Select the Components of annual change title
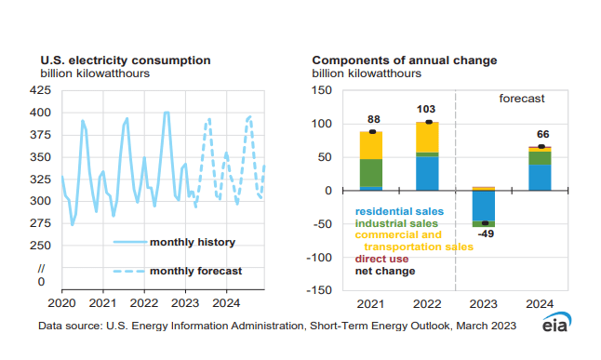coord(404,60)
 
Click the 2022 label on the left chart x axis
coord(143,303)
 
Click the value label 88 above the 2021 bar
coord(372,119)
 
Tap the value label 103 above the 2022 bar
coord(426,109)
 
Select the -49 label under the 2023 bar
coord(485,235)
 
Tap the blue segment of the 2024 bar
coord(540,178)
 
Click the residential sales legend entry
coord(399,211)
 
